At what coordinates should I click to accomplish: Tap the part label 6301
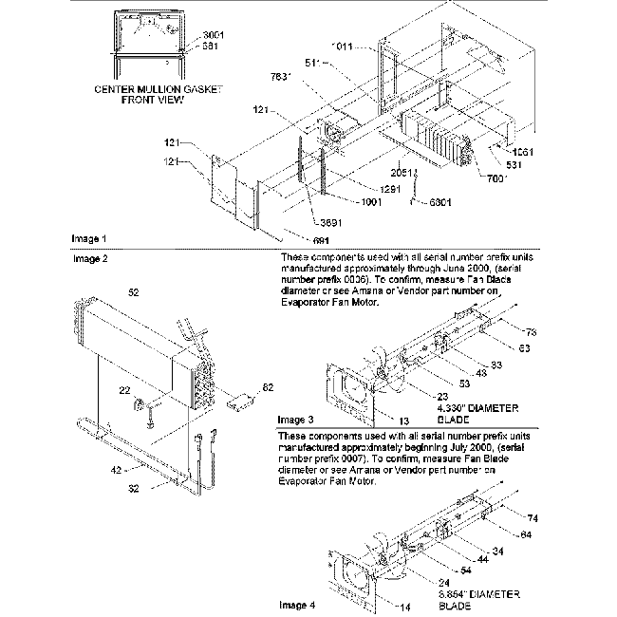(x=439, y=201)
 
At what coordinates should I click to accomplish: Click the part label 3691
(x=331, y=222)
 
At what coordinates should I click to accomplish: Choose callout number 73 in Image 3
(x=531, y=332)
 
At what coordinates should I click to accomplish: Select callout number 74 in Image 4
(x=531, y=518)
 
